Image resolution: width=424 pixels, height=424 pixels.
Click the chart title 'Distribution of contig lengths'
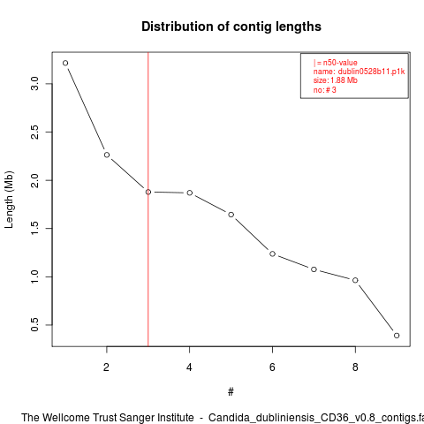coord(231,26)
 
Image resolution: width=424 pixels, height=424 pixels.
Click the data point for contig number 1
coord(65,63)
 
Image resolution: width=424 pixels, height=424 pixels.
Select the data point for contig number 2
coord(107,155)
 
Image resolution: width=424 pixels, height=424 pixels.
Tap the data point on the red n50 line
coord(148,192)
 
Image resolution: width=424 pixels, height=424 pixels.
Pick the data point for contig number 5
coord(231,215)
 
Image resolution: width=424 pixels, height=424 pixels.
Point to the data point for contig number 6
coord(272,254)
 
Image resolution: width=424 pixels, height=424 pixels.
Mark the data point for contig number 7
coord(314,269)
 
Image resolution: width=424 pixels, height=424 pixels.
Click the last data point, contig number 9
coord(397,336)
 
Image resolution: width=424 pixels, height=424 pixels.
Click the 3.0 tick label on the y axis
coord(34,84)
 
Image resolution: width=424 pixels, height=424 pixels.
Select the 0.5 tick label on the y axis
coord(34,325)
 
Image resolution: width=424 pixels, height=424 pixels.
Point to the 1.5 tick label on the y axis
coord(34,228)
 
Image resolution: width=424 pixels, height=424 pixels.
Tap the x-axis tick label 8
coord(355,367)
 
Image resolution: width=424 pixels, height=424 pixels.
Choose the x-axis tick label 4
coord(189,367)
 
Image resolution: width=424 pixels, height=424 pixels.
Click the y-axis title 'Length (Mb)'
coord(9,200)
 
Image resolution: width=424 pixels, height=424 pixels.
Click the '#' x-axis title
coord(231,392)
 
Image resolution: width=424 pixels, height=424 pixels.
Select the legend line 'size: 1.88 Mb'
coord(336,80)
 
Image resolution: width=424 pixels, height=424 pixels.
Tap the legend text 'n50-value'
coord(340,63)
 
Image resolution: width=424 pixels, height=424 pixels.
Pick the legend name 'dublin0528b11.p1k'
coord(371,72)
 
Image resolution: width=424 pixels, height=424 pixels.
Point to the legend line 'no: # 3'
coord(324,90)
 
